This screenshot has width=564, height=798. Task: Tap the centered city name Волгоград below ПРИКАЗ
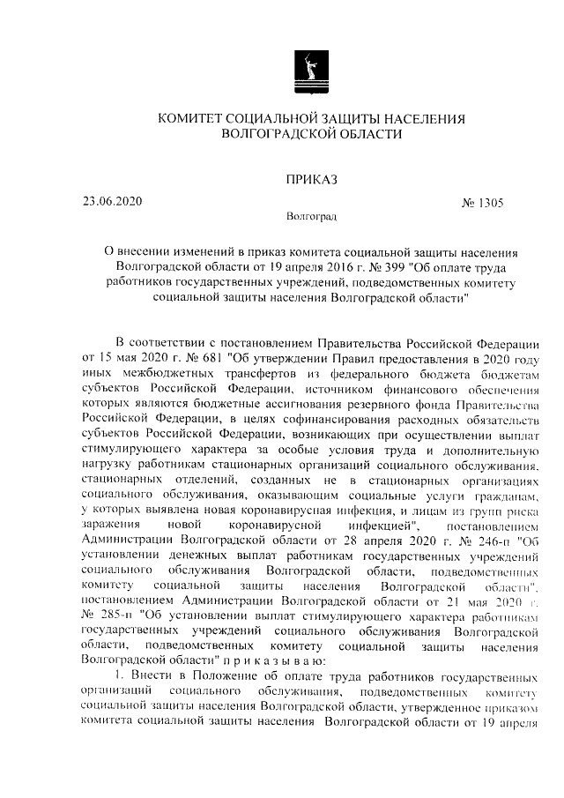(x=311, y=215)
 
